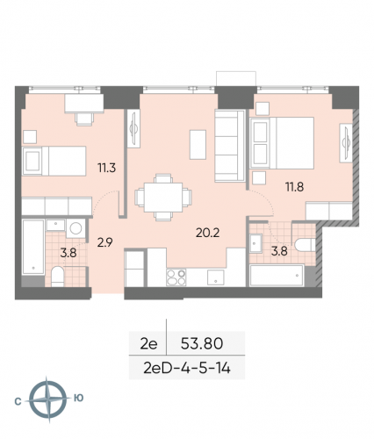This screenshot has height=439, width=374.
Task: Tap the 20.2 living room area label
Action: (x=206, y=234)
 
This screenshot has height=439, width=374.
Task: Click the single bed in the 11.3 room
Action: (x=53, y=160)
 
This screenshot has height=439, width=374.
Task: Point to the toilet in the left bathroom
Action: (x=56, y=279)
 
